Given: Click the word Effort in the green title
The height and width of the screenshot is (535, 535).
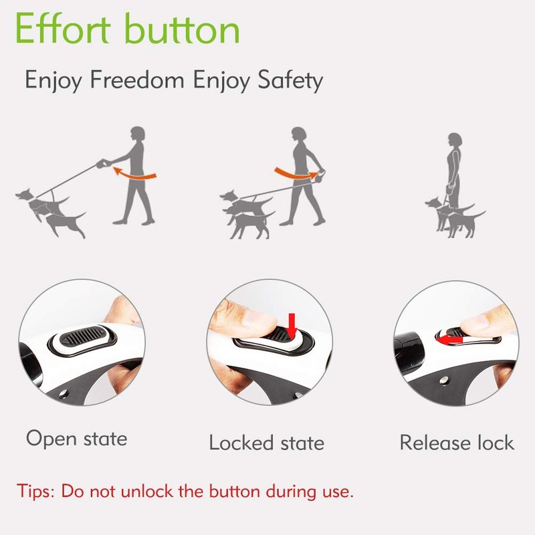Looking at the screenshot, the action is pyautogui.click(x=63, y=28).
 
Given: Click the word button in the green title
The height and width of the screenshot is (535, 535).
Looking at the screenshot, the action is pyautogui.click(x=182, y=28).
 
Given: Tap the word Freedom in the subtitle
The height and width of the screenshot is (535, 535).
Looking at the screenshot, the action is pyautogui.click(x=137, y=80).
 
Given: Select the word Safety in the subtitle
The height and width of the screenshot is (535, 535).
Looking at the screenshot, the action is pyautogui.click(x=290, y=80).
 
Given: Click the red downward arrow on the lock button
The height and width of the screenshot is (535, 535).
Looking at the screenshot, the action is pyautogui.click(x=292, y=325).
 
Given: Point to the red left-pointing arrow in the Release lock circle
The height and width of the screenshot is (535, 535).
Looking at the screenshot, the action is pyautogui.click(x=449, y=340).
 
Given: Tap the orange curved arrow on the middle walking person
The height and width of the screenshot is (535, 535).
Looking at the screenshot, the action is pyautogui.click(x=296, y=173).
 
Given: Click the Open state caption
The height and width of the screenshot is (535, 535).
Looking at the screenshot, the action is pyautogui.click(x=77, y=439).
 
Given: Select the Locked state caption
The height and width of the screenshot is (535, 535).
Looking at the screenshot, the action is pyautogui.click(x=266, y=443).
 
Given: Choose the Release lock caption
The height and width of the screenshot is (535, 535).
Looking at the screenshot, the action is pyautogui.click(x=457, y=443).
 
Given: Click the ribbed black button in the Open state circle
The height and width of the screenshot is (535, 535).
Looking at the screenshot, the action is pyautogui.click(x=82, y=336).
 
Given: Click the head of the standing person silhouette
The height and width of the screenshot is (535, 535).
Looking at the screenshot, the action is pyautogui.click(x=455, y=140).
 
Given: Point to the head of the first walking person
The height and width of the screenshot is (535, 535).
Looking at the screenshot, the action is pyautogui.click(x=138, y=134).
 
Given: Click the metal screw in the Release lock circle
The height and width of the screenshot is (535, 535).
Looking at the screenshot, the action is pyautogui.click(x=444, y=380).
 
